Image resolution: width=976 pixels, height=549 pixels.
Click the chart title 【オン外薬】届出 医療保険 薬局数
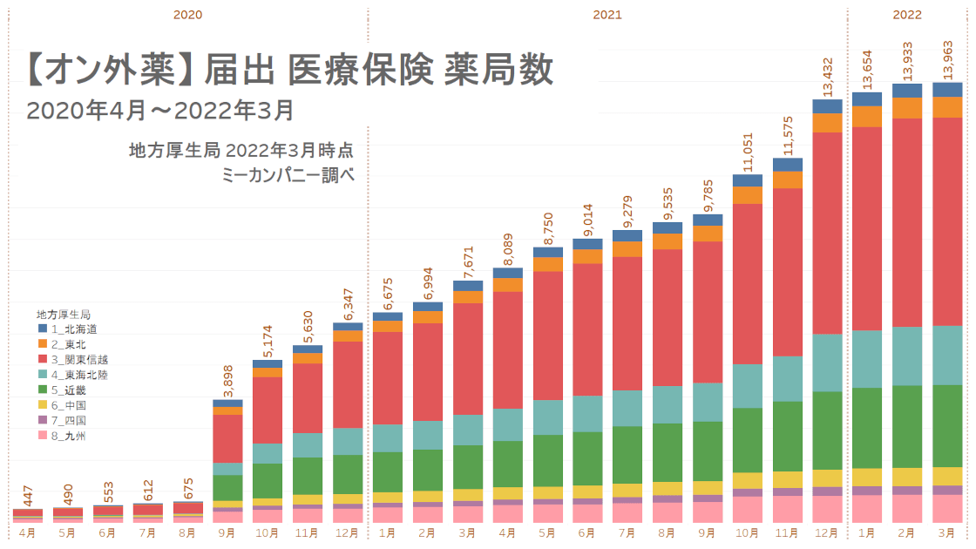(x=289, y=71)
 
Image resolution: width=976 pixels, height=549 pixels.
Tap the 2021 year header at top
(x=607, y=15)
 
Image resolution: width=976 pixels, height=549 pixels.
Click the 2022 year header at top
(x=906, y=15)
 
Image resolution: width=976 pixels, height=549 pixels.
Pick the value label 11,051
(x=748, y=152)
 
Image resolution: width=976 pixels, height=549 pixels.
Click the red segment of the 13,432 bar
(x=827, y=233)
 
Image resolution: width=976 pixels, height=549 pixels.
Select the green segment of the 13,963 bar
(x=947, y=425)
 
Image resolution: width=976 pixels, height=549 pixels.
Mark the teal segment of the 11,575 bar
(x=787, y=378)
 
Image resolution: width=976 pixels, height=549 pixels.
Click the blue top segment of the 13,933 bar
(x=907, y=90)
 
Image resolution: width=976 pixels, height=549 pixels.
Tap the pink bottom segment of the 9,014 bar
(x=587, y=512)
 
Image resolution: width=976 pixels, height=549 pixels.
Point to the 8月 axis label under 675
(x=187, y=532)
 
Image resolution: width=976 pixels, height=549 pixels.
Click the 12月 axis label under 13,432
(x=827, y=532)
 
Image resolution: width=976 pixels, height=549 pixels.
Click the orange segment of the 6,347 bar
(x=348, y=335)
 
